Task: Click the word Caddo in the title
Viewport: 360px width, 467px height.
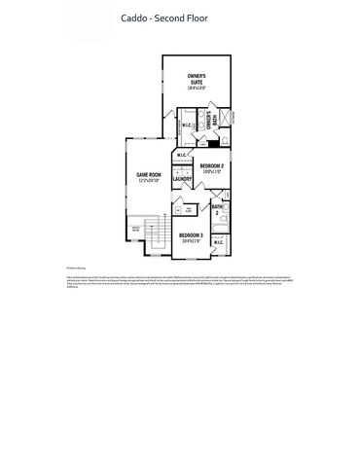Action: [x=133, y=18]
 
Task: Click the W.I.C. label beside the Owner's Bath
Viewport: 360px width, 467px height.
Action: [x=187, y=126]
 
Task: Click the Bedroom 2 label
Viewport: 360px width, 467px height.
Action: [x=212, y=165]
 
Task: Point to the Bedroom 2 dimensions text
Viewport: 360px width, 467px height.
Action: [x=212, y=173]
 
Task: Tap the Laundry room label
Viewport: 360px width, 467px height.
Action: [x=182, y=180]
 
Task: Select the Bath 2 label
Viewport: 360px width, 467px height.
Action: [x=217, y=208]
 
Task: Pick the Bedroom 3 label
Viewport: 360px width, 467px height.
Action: [x=190, y=234]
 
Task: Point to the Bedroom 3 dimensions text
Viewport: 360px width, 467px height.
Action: [x=190, y=242]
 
